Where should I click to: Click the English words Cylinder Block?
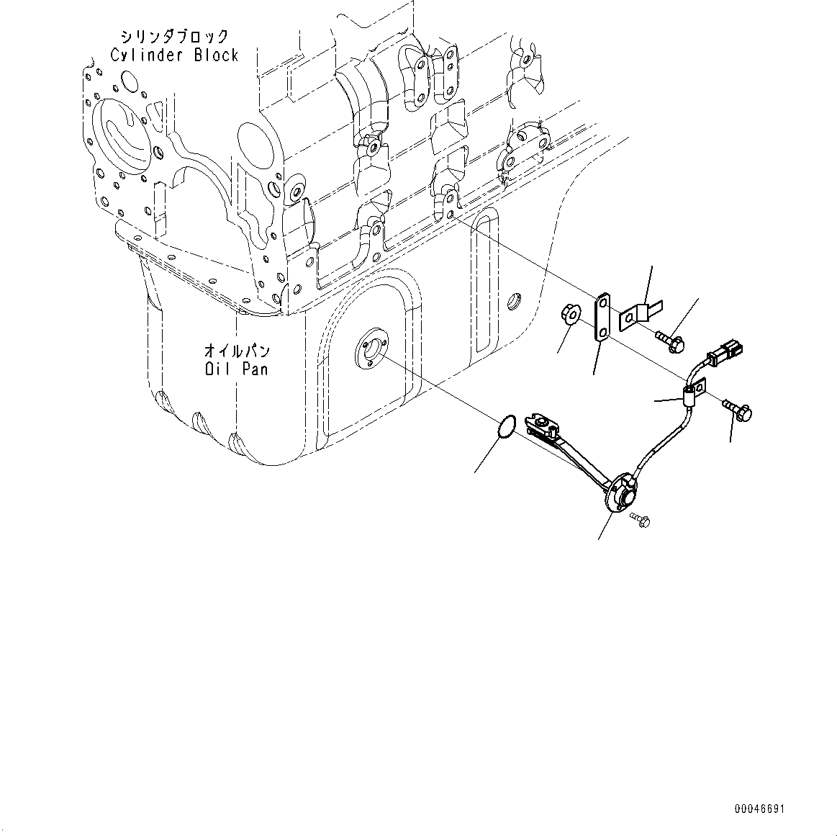click(174, 55)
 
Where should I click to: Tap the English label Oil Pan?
click(236, 369)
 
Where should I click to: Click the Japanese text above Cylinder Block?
click(175, 37)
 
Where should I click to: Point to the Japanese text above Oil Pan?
click(237, 351)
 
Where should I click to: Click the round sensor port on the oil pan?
click(370, 345)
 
